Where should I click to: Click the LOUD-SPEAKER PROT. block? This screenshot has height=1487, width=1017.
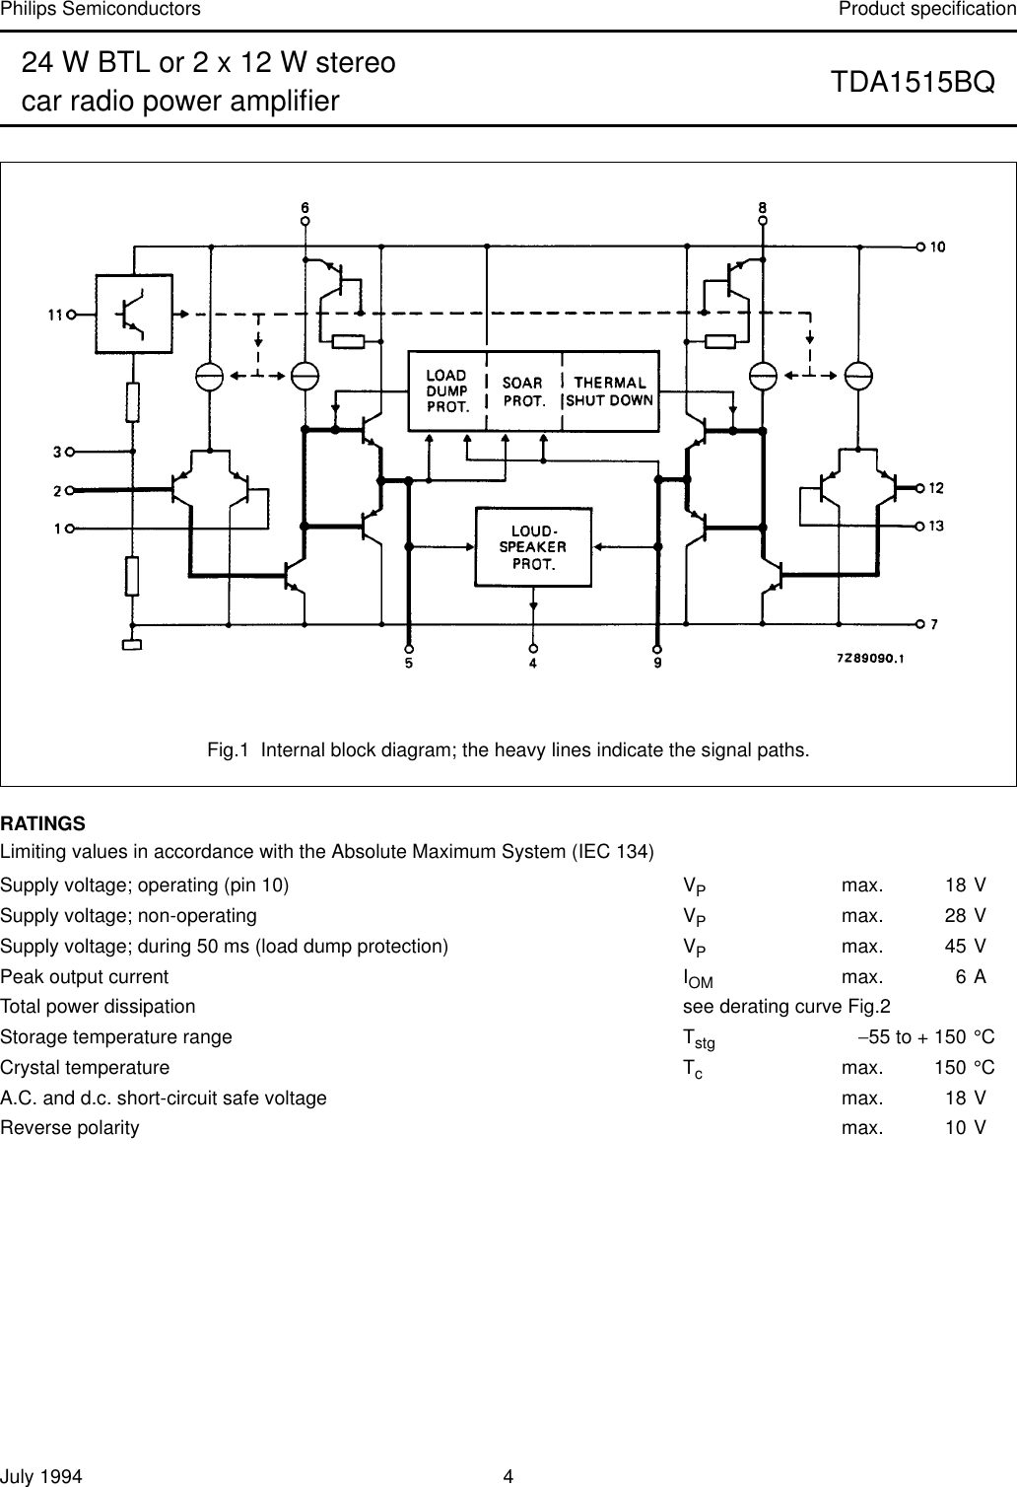coord(533,546)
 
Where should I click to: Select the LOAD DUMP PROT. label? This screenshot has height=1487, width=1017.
coord(447,390)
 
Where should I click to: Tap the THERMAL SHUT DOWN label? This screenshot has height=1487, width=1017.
coord(610,390)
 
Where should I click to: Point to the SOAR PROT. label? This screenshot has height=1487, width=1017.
coord(524,391)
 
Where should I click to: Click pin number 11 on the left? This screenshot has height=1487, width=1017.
coord(55,316)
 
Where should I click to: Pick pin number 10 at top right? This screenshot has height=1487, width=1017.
coord(938,246)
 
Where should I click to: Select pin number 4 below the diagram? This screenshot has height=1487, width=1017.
coord(533,665)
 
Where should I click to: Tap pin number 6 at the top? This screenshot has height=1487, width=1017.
coord(305,208)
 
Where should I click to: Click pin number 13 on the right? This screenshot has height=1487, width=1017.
coord(936,527)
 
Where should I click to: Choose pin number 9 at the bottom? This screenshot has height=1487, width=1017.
coord(657,665)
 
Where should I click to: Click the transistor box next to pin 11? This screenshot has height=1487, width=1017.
coord(132,313)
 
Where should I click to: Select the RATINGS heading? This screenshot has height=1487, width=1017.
coord(43,823)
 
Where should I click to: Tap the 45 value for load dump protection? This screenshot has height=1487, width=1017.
coord(955,947)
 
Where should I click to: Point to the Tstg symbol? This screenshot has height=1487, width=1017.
coord(699,1039)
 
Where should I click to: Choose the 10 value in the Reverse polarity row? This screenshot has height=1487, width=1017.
coord(955,1127)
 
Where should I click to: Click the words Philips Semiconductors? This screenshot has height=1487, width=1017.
coord(101,10)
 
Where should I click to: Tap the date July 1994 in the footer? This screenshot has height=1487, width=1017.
coord(41,1476)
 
